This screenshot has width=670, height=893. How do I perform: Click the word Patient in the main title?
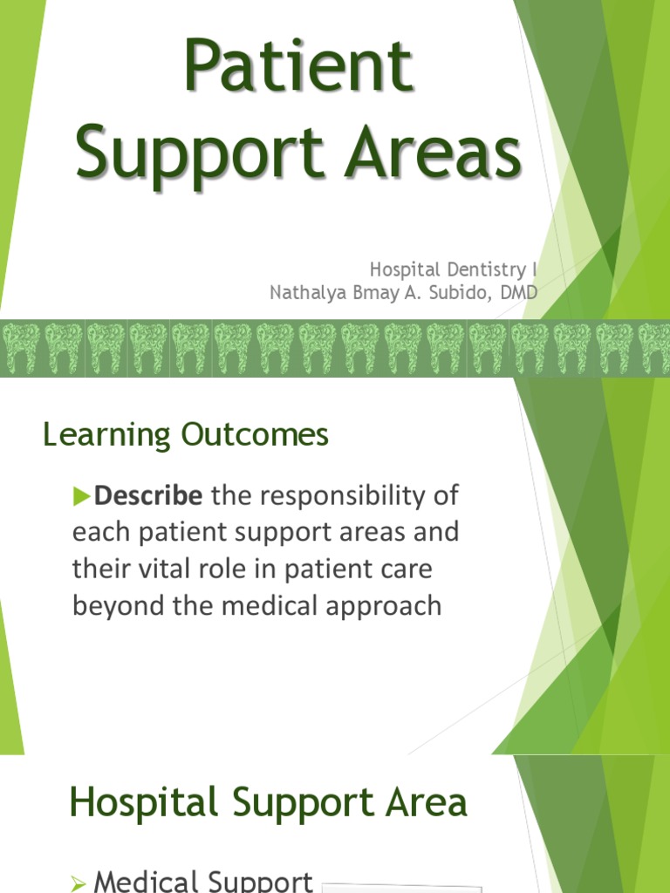[x=298, y=67]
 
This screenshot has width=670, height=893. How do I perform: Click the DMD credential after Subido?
[x=519, y=293]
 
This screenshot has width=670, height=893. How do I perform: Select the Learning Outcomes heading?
[x=186, y=434]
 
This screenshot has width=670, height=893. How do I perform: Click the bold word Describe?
[x=148, y=496]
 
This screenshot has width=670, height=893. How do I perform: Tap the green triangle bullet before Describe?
[x=82, y=497]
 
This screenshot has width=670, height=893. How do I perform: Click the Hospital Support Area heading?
[x=269, y=802]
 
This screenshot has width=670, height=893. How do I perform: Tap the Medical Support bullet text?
[x=203, y=881]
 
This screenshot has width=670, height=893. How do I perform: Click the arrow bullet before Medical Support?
[x=78, y=883]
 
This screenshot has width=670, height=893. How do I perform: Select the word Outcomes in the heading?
[x=256, y=434]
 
